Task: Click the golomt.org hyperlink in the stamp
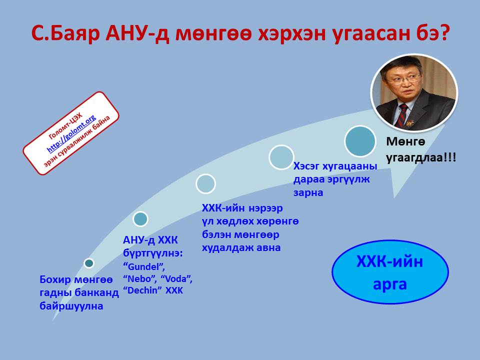coord(71,134)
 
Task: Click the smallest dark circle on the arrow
coord(89,263)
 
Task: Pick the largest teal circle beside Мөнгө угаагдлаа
coord(359,141)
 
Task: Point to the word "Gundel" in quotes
coord(144,266)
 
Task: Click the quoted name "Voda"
coord(176,278)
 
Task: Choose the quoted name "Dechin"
coord(142,290)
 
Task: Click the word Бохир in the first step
coord(55,279)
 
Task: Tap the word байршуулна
coord(71,306)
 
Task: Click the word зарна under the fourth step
coord(308,192)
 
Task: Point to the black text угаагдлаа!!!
coord(421,158)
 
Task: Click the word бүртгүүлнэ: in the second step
coord(153,253)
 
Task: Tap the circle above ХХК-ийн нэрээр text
coord(205,183)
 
